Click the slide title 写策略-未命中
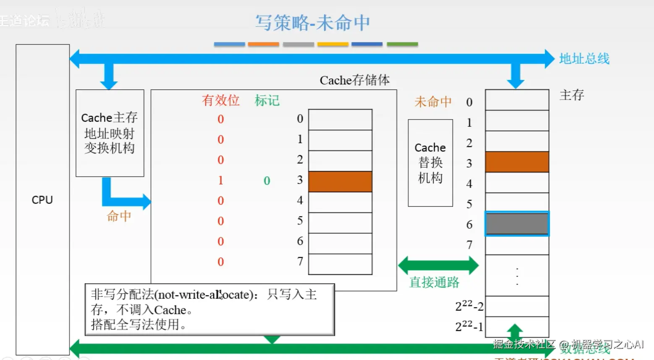pos(313,23)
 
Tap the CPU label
pos(42,200)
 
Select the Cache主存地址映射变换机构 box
pos(110,133)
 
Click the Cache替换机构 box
pos(430,163)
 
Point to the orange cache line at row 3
pos(340,181)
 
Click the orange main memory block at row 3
pos(517,162)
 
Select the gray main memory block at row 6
pos(517,224)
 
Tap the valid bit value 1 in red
pos(220,180)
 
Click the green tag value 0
pos(267,181)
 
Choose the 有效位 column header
pos(220,100)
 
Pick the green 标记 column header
pos(267,100)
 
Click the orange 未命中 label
pos(433,102)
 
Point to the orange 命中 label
pos(119,216)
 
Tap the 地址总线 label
pos(584,59)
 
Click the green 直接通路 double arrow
pos(438,265)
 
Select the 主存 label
pos(571,95)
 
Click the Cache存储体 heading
pos(354,80)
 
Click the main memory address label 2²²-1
pos(469,326)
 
